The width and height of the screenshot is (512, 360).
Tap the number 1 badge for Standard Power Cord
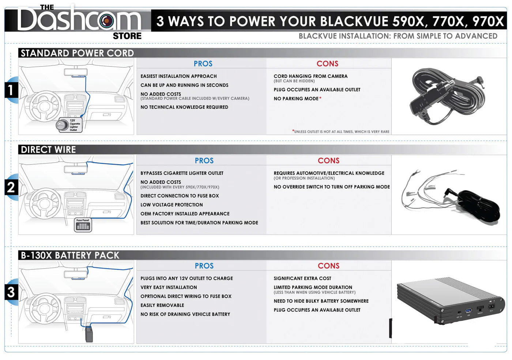point(11,90)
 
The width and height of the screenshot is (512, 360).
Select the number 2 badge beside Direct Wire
point(11,187)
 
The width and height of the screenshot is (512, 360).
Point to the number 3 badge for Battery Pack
point(11,292)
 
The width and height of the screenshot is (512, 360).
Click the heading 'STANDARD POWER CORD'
point(77,53)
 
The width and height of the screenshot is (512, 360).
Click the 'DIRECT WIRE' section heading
point(48,149)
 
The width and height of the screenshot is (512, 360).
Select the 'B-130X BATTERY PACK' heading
point(70,255)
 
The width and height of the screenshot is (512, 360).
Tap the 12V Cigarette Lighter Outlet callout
point(69,125)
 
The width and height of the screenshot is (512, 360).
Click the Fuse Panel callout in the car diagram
point(83,225)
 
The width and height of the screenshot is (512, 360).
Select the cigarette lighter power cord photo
point(448,96)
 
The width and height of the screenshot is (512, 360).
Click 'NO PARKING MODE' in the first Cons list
point(296,99)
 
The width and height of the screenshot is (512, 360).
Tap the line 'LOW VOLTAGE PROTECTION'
point(172,205)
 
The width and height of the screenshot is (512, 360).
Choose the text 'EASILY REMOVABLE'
point(162,305)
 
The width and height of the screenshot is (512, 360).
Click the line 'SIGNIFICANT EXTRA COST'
point(302,278)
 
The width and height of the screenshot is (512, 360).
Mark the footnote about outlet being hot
point(341,132)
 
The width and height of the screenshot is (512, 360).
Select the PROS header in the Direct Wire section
point(204,160)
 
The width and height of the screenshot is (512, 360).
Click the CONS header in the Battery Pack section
point(328,266)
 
